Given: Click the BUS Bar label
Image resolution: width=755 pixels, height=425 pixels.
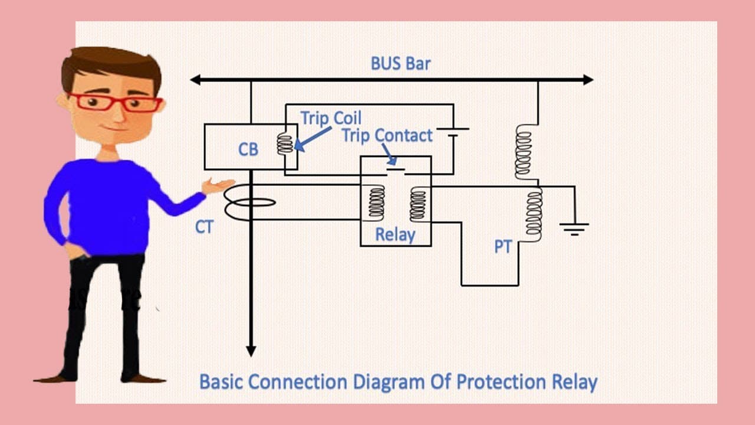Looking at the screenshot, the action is (x=401, y=63).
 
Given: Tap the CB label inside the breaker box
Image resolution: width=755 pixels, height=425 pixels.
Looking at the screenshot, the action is (x=248, y=149).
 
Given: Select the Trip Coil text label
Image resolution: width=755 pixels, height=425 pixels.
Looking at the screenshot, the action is (x=331, y=119).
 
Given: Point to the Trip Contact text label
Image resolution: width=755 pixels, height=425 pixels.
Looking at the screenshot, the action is (x=388, y=136).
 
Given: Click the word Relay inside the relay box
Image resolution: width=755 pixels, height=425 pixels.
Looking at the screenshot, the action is (x=395, y=235).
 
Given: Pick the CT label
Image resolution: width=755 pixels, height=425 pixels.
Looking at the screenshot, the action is (x=204, y=227).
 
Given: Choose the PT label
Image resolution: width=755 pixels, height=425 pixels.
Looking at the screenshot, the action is (x=503, y=247).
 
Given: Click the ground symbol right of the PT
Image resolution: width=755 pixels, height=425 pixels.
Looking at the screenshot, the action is (x=575, y=228).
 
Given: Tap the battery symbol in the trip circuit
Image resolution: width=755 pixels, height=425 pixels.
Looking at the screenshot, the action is (x=452, y=132).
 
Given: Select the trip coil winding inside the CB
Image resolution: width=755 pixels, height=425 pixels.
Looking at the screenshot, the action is (x=285, y=144).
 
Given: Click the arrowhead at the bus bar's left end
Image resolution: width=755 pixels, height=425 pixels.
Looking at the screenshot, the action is (x=195, y=80).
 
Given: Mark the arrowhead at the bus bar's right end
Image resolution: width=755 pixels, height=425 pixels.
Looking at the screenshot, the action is (x=588, y=80).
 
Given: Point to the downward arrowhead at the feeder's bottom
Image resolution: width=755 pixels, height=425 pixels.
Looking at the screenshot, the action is (x=251, y=351).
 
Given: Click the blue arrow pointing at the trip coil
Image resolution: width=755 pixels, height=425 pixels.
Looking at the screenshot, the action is (x=313, y=139).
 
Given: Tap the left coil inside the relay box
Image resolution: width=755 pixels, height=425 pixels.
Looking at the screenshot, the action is (x=376, y=202).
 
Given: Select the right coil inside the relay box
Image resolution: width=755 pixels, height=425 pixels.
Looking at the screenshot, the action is (x=418, y=204).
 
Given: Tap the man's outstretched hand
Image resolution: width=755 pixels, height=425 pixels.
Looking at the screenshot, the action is (x=218, y=186).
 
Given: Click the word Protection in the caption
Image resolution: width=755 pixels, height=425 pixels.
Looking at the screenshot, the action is (x=501, y=382).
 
